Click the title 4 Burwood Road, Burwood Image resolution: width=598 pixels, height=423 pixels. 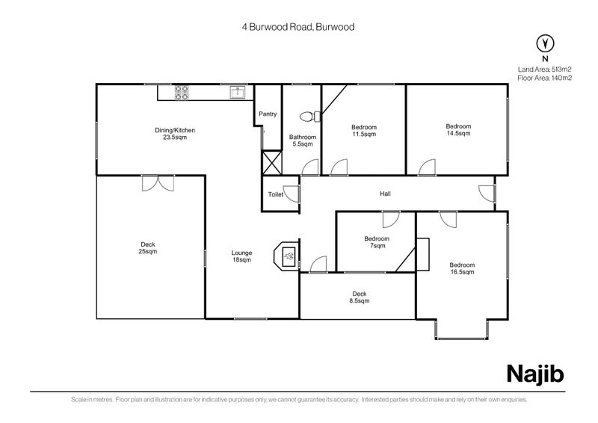tap(298, 26)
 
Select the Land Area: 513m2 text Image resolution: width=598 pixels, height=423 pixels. tap(544, 69)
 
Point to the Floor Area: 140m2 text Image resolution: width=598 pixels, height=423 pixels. tap(544, 77)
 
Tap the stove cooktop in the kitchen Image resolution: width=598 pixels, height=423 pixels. tap(182, 93)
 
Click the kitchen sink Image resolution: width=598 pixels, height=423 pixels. tap(238, 93)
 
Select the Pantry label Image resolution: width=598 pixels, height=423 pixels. tap(268, 114)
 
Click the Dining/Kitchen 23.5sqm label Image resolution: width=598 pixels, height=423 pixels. tap(175, 134)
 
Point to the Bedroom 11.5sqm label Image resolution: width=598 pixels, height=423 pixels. tap(364, 131)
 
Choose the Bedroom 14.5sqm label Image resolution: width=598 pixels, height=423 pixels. tap(457, 130)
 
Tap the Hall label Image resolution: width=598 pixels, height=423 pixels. tap(385, 194)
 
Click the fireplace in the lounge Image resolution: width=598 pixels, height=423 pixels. tap(288, 256)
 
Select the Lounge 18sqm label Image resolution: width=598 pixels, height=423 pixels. tap(241, 256)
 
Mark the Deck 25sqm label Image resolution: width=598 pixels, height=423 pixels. tap(148, 247)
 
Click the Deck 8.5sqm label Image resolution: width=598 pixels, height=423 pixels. tap(360, 297)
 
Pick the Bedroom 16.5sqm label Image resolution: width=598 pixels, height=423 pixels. tap(462, 268)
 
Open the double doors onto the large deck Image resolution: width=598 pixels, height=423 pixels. tap(158, 182)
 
